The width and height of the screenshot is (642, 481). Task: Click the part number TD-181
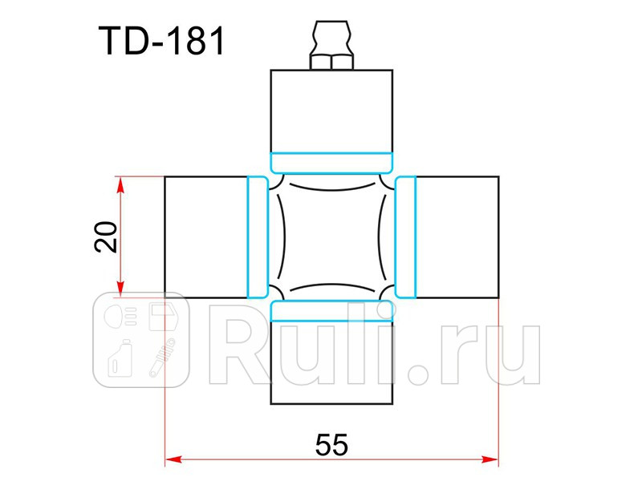click(161, 42)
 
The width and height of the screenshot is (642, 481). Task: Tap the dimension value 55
click(331, 444)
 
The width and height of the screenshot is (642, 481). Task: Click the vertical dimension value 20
click(106, 236)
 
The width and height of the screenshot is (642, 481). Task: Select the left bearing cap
click(205, 236)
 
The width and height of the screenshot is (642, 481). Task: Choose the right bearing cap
click(457, 236)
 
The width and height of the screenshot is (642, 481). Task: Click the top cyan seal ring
click(331, 162)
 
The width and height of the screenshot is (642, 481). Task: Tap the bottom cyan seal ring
click(331, 310)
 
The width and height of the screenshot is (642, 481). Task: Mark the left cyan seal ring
click(257, 236)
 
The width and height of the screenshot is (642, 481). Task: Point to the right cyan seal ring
click(406, 236)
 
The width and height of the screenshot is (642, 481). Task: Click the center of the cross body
click(331, 236)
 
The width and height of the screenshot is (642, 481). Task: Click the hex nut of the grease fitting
click(331, 61)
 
